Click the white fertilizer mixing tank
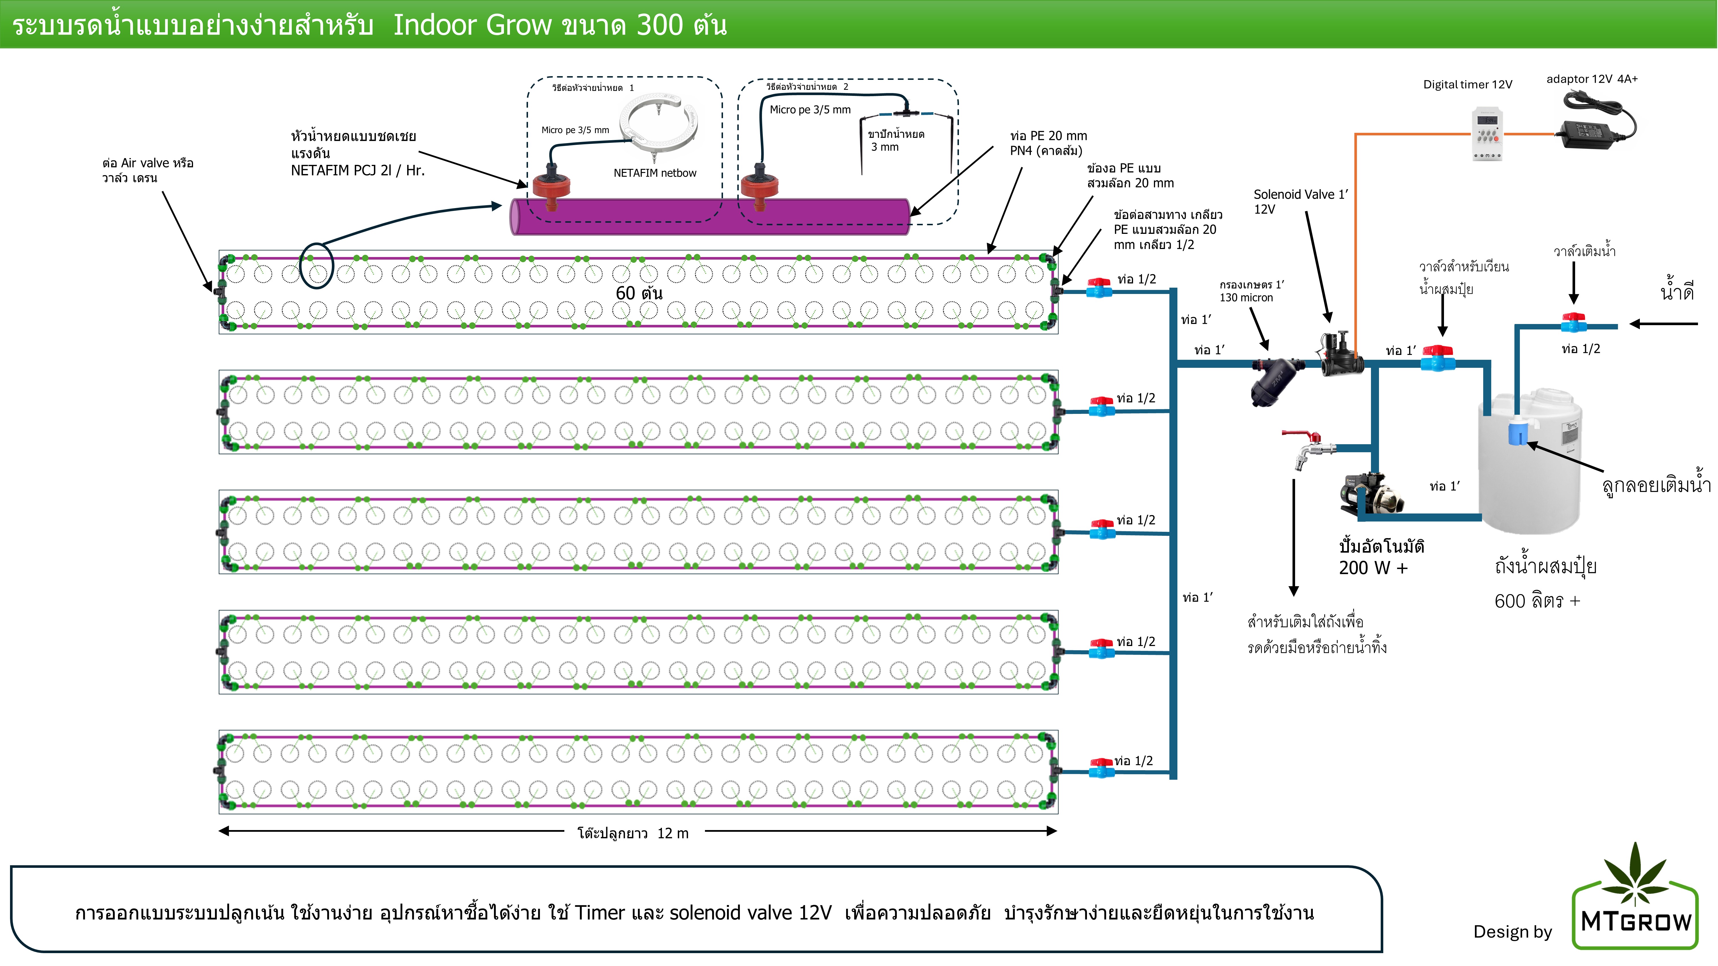coord(1530,467)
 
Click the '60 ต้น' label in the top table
coord(638,293)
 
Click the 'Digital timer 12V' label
coord(1467,85)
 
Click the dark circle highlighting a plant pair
coord(316,265)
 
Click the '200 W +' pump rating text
coord(1372,568)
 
